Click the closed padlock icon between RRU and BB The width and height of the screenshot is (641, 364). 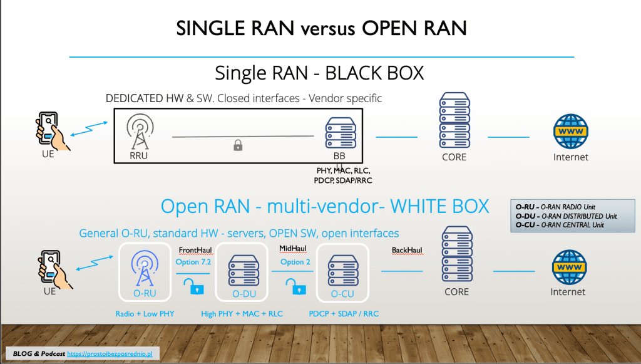click(238, 146)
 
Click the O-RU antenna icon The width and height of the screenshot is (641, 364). click(145, 268)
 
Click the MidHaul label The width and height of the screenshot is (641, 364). click(292, 249)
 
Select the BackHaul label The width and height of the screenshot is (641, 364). click(407, 250)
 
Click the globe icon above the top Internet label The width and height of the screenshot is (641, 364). click(571, 132)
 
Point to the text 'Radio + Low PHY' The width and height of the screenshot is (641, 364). click(145, 314)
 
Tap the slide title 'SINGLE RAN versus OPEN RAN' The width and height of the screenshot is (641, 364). click(320, 29)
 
